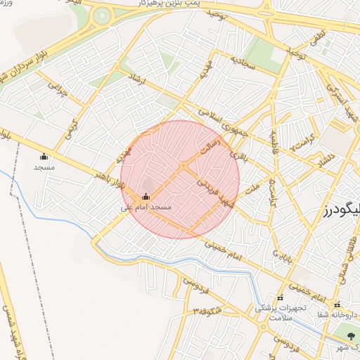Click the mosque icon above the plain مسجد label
pyautogui.click(x=44, y=156)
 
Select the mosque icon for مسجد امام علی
pyautogui.click(x=146, y=196)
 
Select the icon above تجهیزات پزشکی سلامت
pyautogui.click(x=280, y=297)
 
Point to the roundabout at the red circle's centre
pyautogui.click(x=182, y=165)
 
